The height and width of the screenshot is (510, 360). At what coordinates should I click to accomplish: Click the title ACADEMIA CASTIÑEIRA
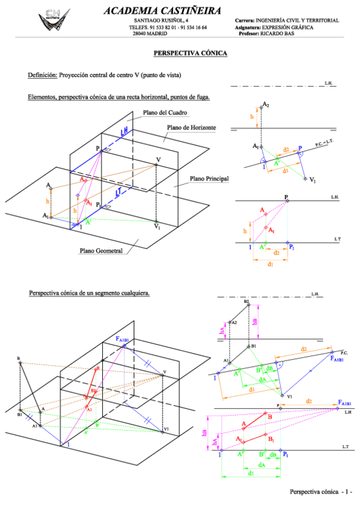(162, 10)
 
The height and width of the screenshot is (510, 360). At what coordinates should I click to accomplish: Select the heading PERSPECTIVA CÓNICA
(190, 54)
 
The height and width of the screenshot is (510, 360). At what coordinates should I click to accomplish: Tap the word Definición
(42, 75)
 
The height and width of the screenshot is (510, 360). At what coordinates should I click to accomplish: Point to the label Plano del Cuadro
(165, 112)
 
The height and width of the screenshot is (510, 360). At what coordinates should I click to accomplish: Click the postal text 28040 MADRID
(150, 34)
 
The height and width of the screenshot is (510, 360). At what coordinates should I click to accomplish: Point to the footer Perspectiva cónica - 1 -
(320, 492)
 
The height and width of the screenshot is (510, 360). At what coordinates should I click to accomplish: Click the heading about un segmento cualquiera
(89, 293)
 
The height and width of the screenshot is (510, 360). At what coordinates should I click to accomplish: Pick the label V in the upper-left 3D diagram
(158, 159)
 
